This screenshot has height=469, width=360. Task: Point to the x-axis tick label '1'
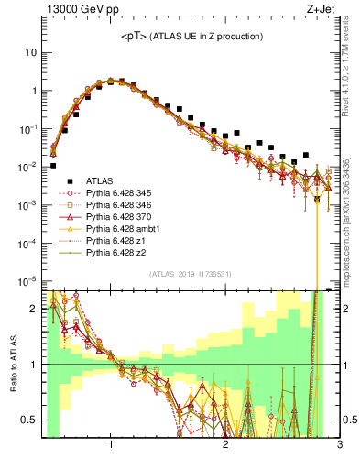[111, 445]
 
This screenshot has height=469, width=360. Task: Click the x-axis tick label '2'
[225, 445]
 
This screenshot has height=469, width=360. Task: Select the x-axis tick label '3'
[339, 445]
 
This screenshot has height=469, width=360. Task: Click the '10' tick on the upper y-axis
[31, 52]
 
